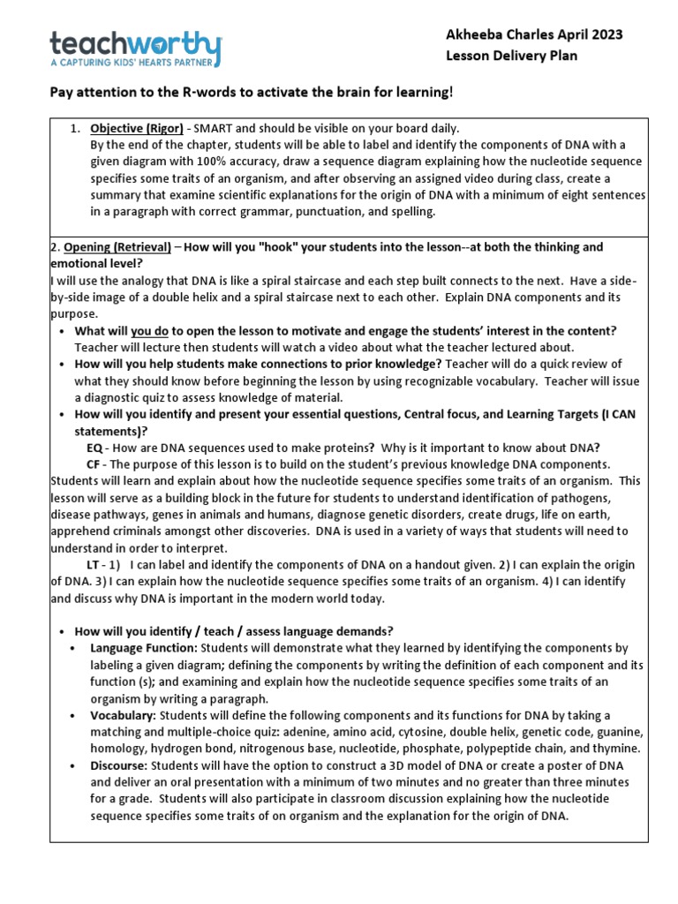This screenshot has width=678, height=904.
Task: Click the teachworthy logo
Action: [x=136, y=44]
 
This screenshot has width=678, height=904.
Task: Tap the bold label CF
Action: [x=94, y=463]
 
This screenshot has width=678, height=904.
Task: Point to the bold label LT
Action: [x=93, y=564]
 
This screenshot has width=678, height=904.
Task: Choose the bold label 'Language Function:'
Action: [x=143, y=647]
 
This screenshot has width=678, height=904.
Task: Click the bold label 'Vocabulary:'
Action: [x=124, y=714]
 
